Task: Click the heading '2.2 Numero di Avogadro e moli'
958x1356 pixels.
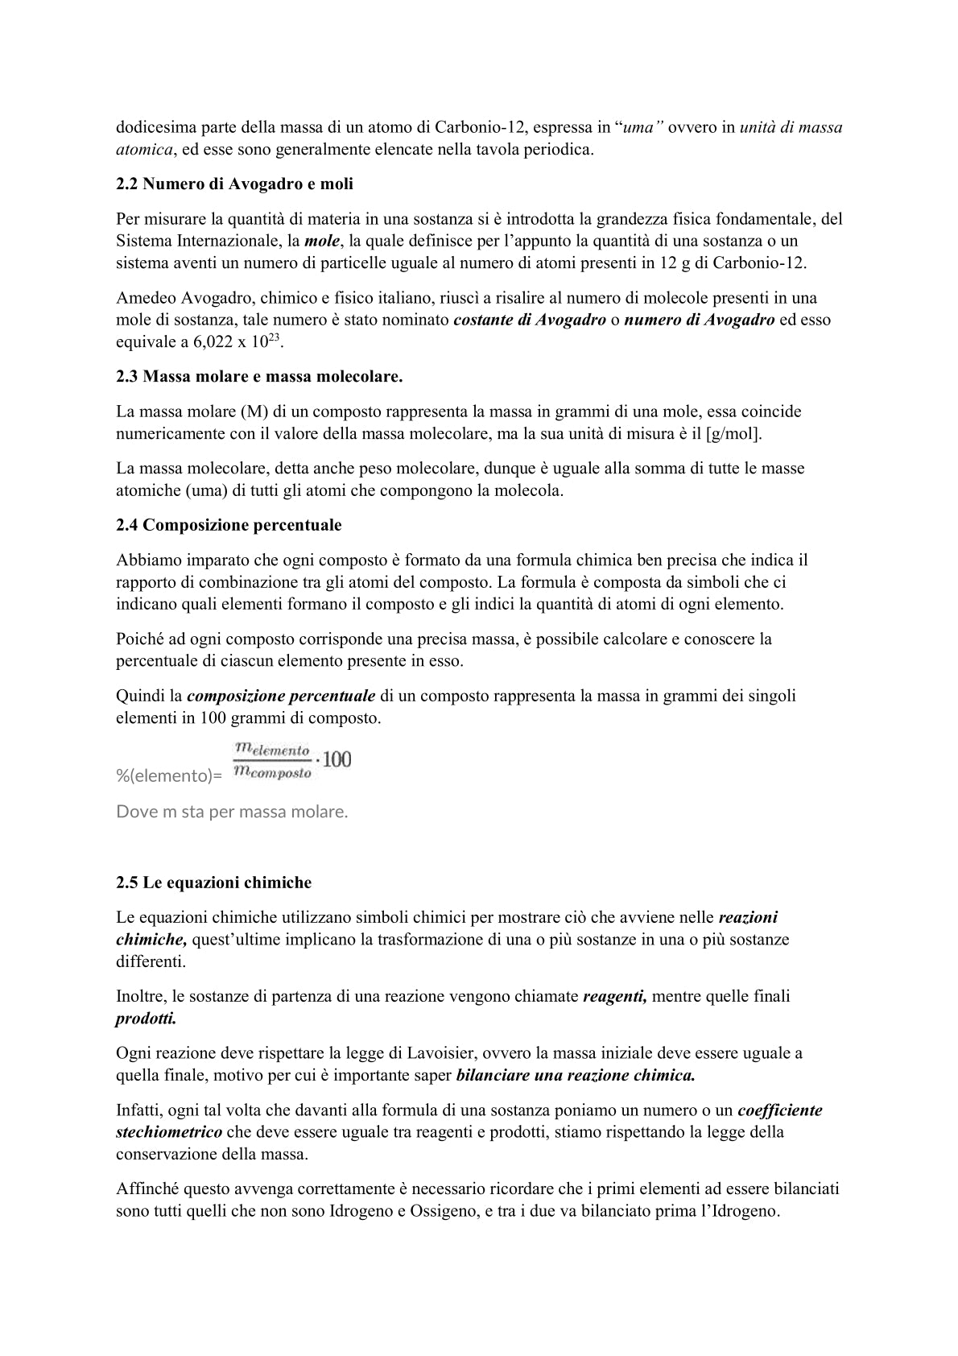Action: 234,184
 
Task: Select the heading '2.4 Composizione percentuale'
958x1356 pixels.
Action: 229,525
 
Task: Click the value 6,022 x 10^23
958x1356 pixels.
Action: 237,341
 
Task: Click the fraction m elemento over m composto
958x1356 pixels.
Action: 271,761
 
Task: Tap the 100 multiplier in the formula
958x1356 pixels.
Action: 337,759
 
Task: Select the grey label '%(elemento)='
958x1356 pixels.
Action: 169,776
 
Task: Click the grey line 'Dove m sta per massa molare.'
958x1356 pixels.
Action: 232,812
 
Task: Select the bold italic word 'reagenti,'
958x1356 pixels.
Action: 614,996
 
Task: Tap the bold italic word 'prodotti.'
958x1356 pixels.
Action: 146,1018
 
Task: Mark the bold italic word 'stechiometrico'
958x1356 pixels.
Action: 169,1132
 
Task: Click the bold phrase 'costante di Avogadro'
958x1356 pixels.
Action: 530,320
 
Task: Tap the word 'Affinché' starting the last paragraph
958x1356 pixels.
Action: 147,1189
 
